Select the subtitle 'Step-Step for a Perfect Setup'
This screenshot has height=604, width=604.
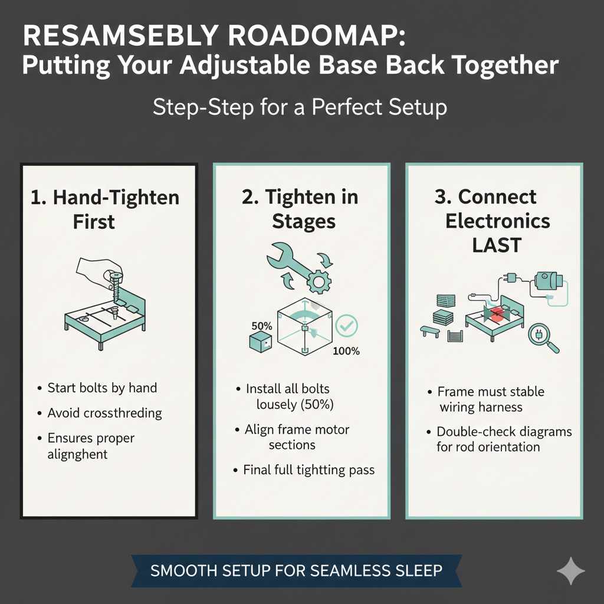[300, 108]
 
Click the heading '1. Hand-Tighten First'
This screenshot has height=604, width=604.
[104, 209]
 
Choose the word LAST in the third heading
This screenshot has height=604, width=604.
[497, 245]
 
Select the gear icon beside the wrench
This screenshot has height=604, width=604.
[319, 282]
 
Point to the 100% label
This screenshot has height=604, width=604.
[346, 352]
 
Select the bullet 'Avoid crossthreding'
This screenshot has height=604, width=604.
[104, 413]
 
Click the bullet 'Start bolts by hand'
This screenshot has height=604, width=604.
[102, 388]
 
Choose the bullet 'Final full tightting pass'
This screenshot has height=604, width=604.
[308, 470]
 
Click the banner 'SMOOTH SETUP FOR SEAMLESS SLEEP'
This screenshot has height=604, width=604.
[296, 571]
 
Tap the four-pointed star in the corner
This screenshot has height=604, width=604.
[571, 570]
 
